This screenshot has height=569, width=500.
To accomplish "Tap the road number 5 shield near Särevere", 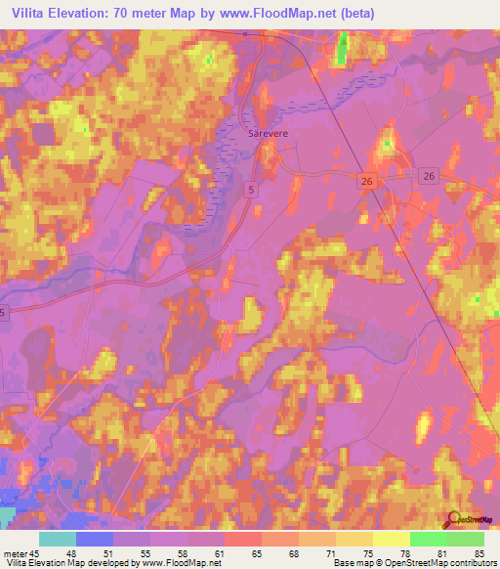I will click(x=252, y=189).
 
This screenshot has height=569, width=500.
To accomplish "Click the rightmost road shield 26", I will click(x=428, y=175).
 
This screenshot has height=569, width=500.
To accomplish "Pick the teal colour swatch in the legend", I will click(x=58, y=539).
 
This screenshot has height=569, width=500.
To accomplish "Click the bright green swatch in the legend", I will click(x=428, y=539).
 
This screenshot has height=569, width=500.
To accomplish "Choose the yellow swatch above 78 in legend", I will click(x=391, y=539).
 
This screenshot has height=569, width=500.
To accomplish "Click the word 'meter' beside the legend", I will click(x=15, y=552).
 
